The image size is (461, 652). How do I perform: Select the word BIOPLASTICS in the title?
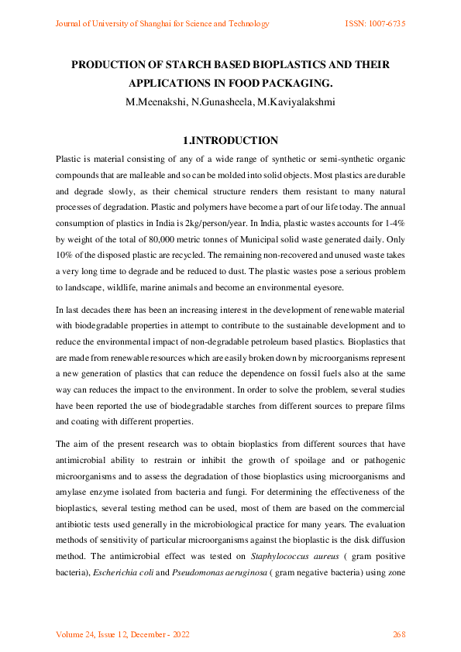tap(289, 65)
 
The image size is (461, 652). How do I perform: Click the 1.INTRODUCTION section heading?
tap(230, 141)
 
